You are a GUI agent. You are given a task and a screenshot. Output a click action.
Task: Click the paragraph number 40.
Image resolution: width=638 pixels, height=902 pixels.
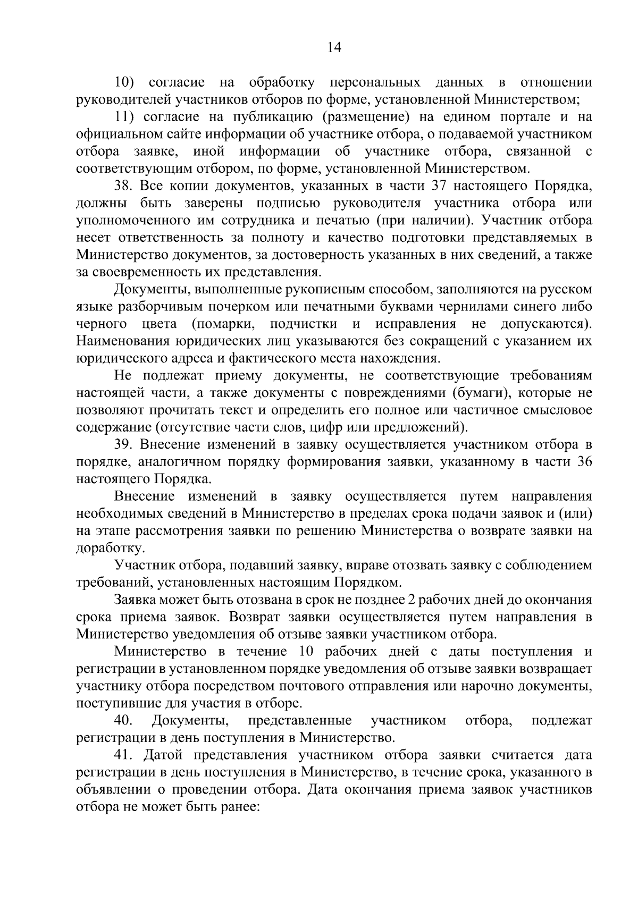(x=123, y=720)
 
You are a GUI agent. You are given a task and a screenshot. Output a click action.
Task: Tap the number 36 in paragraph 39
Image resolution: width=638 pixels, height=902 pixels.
(x=584, y=461)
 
